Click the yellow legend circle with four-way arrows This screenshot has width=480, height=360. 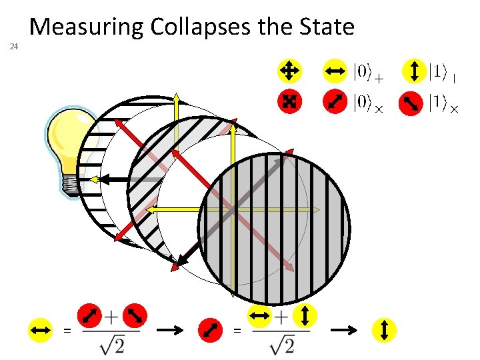289,69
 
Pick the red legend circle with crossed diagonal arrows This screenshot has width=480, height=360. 289,101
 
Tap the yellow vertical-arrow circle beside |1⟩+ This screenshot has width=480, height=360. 415,70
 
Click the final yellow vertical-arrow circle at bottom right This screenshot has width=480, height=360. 384,329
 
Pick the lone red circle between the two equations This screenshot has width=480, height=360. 211,329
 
